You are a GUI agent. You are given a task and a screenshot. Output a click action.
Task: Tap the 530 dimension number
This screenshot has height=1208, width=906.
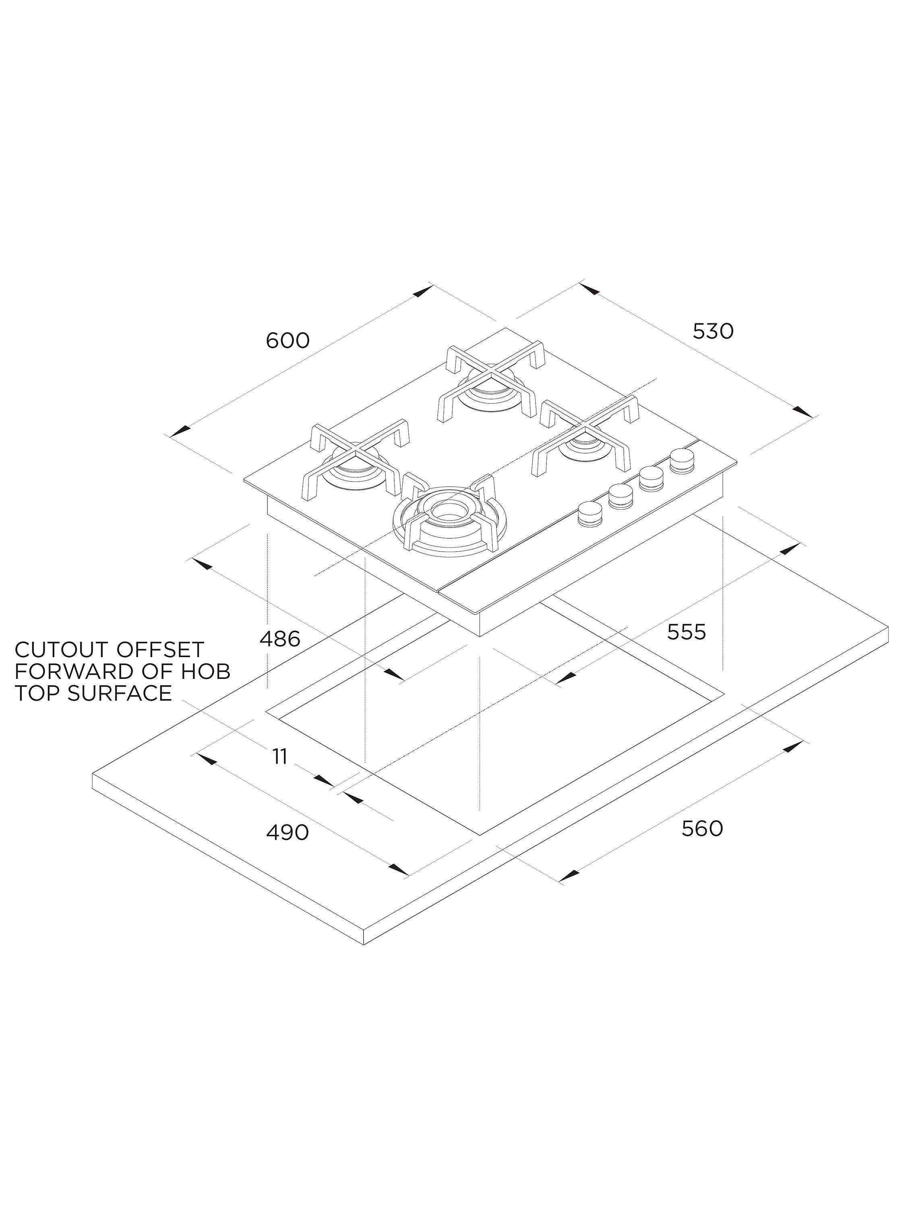(x=713, y=331)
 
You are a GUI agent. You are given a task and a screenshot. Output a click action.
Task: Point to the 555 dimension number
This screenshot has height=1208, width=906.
(x=687, y=632)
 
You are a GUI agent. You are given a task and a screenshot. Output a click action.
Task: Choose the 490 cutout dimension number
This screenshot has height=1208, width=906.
(x=287, y=833)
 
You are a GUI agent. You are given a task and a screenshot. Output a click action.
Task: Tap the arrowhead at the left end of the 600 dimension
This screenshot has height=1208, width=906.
(x=180, y=431)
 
